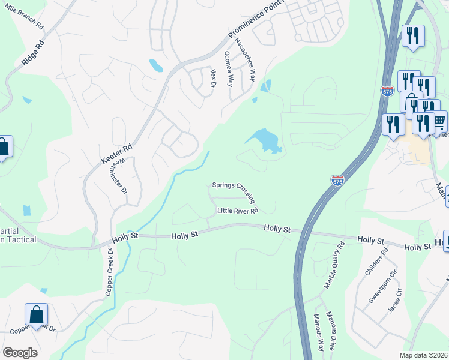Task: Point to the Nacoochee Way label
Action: [x=245, y=59]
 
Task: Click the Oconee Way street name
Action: [x=228, y=68]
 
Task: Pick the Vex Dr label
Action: [x=212, y=78]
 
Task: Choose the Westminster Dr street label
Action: [x=121, y=175]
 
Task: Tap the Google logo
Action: [x=20, y=352]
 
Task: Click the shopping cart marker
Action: [x=439, y=122]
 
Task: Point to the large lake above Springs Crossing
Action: [x=265, y=141]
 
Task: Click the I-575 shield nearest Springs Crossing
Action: [x=337, y=179]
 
